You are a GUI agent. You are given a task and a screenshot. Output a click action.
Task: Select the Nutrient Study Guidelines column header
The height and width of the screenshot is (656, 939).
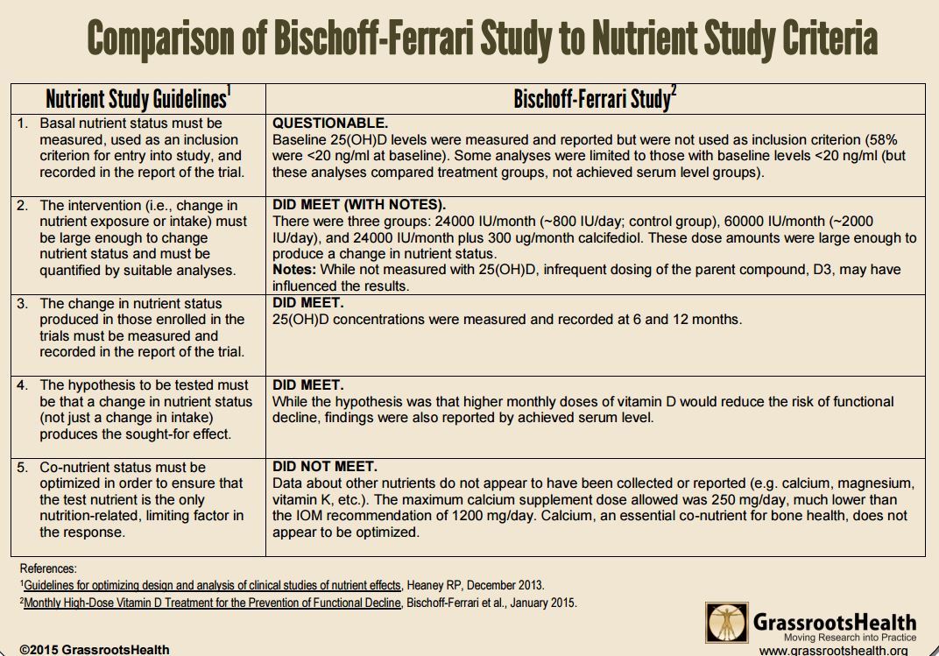(x=138, y=98)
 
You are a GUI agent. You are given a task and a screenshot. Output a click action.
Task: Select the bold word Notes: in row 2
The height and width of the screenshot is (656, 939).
(x=293, y=270)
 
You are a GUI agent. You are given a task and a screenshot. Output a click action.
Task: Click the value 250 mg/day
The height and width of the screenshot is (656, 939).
(x=695, y=500)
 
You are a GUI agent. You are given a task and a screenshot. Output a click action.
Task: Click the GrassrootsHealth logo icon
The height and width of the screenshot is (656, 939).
(x=727, y=622)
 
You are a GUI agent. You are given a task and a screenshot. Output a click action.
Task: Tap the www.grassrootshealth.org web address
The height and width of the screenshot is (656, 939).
(x=833, y=650)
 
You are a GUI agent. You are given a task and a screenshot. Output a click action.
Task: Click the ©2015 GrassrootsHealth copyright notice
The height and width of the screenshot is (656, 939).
(x=95, y=649)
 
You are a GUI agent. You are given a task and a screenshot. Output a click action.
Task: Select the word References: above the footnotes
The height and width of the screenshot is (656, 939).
(x=48, y=568)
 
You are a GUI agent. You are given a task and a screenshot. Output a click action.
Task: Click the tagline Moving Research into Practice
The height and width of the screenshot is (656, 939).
(x=849, y=638)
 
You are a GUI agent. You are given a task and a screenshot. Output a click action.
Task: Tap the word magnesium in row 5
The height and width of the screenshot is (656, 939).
(x=875, y=483)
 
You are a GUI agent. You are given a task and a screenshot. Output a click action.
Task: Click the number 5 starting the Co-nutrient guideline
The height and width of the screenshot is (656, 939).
(x=23, y=467)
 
